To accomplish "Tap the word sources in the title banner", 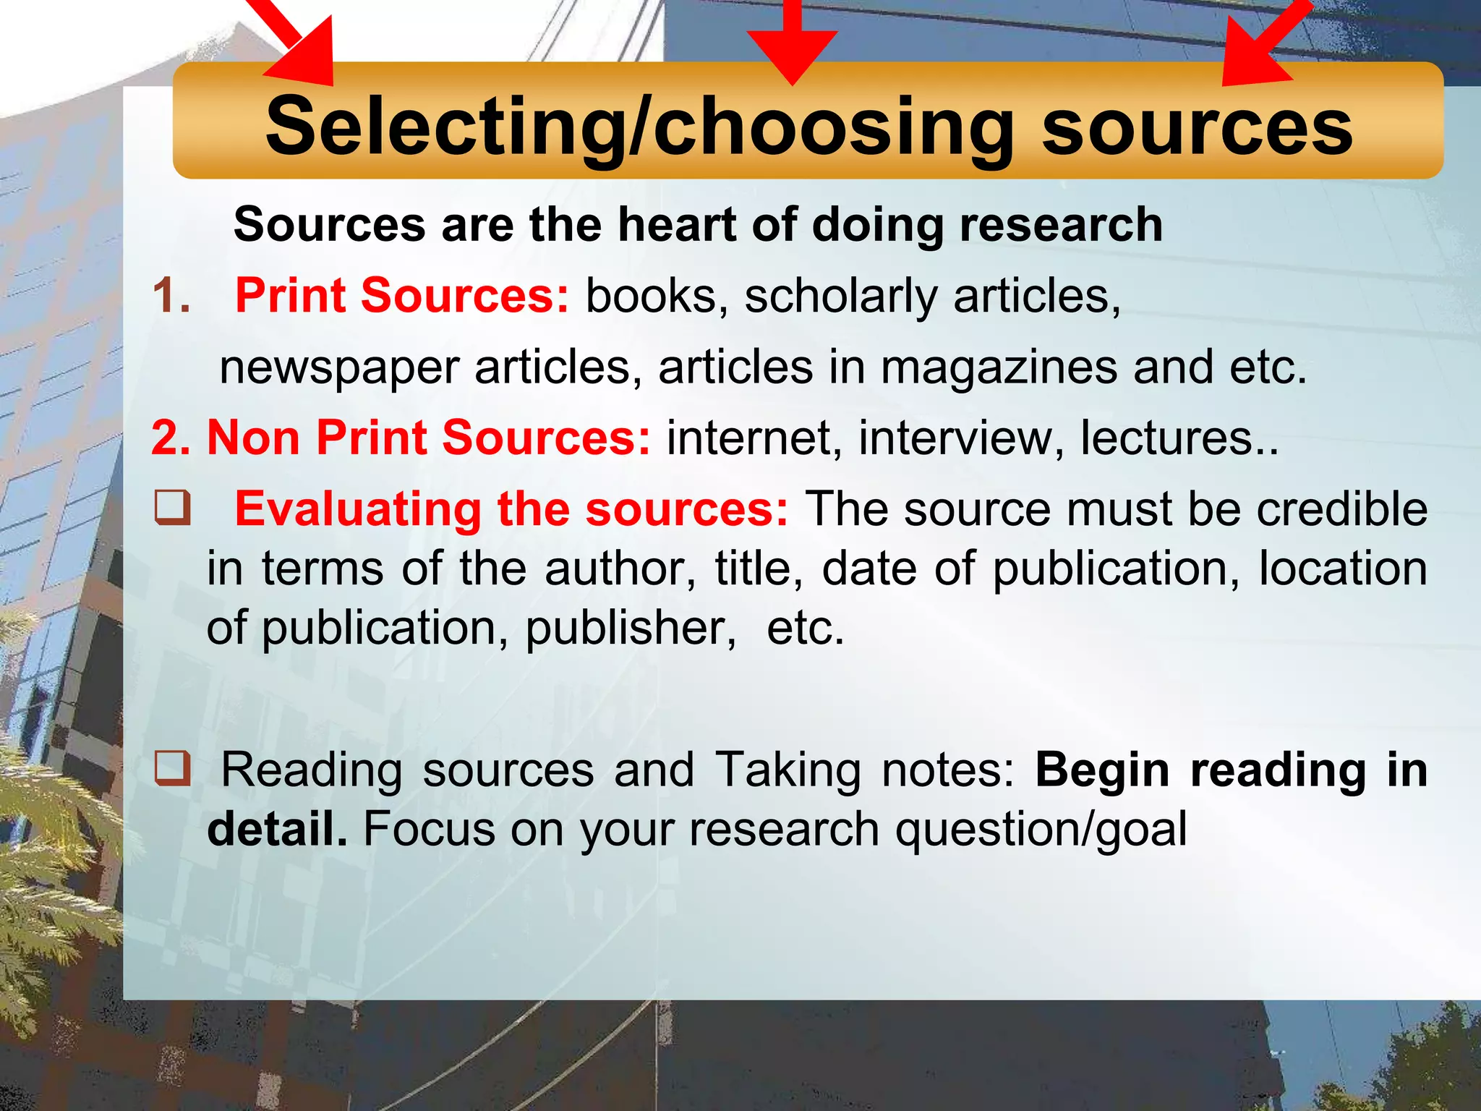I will pos(1196,127).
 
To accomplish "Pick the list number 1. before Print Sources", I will pos(171,296).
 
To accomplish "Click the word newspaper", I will pos(339,367).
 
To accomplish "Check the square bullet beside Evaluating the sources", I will pos(173,508).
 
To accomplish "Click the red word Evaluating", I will pos(358,508).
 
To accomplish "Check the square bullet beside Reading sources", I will pos(173,768).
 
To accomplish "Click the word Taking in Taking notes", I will pos(788,769).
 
